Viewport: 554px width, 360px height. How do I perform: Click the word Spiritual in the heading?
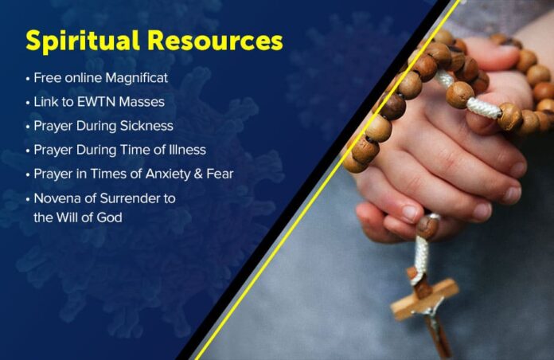(x=83, y=41)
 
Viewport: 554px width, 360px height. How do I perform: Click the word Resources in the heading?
(x=215, y=41)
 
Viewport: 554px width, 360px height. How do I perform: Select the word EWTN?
(x=96, y=102)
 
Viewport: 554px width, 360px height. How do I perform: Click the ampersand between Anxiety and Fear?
(x=198, y=174)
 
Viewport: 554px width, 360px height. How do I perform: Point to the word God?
(x=110, y=217)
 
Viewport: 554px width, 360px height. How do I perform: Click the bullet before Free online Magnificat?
(x=28, y=79)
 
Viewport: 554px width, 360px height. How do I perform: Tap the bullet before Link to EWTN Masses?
(x=28, y=103)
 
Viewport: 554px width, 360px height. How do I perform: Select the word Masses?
(x=142, y=102)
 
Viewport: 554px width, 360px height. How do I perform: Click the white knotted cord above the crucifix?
(x=422, y=255)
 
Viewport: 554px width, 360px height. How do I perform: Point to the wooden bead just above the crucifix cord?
(x=427, y=227)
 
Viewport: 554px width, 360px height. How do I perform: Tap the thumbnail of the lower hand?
(x=411, y=213)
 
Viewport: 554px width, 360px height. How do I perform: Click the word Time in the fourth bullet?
(x=136, y=150)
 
